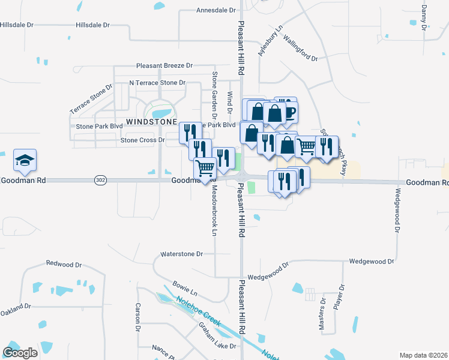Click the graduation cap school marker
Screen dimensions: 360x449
click(25, 161)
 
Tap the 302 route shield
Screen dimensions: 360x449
click(100, 180)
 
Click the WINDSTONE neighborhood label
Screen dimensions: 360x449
click(151, 121)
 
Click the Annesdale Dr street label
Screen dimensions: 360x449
click(217, 10)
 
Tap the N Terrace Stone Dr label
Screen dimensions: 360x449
click(157, 83)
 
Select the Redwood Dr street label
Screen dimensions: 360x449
click(63, 264)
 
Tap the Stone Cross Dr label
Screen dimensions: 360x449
click(142, 140)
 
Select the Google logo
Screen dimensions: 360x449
click(20, 353)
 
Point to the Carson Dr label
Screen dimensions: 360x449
click(137, 317)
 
